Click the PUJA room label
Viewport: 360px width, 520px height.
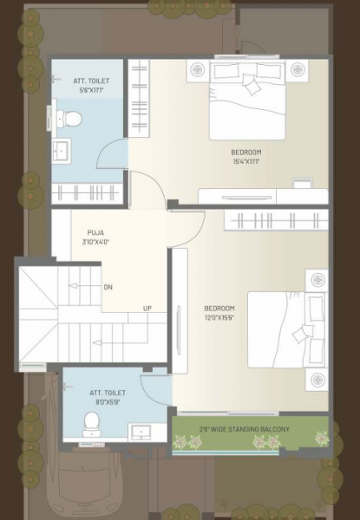(x=96, y=232)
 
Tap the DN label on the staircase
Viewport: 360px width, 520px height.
(x=108, y=287)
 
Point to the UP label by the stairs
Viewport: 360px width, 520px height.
(x=147, y=309)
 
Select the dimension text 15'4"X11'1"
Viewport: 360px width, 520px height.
(x=246, y=159)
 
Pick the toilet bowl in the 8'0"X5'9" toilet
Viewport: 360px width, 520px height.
(x=89, y=423)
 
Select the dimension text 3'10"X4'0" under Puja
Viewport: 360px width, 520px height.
(x=96, y=242)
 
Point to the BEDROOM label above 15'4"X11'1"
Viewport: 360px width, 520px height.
(x=247, y=150)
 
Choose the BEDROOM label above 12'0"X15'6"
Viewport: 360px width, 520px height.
(x=219, y=309)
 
